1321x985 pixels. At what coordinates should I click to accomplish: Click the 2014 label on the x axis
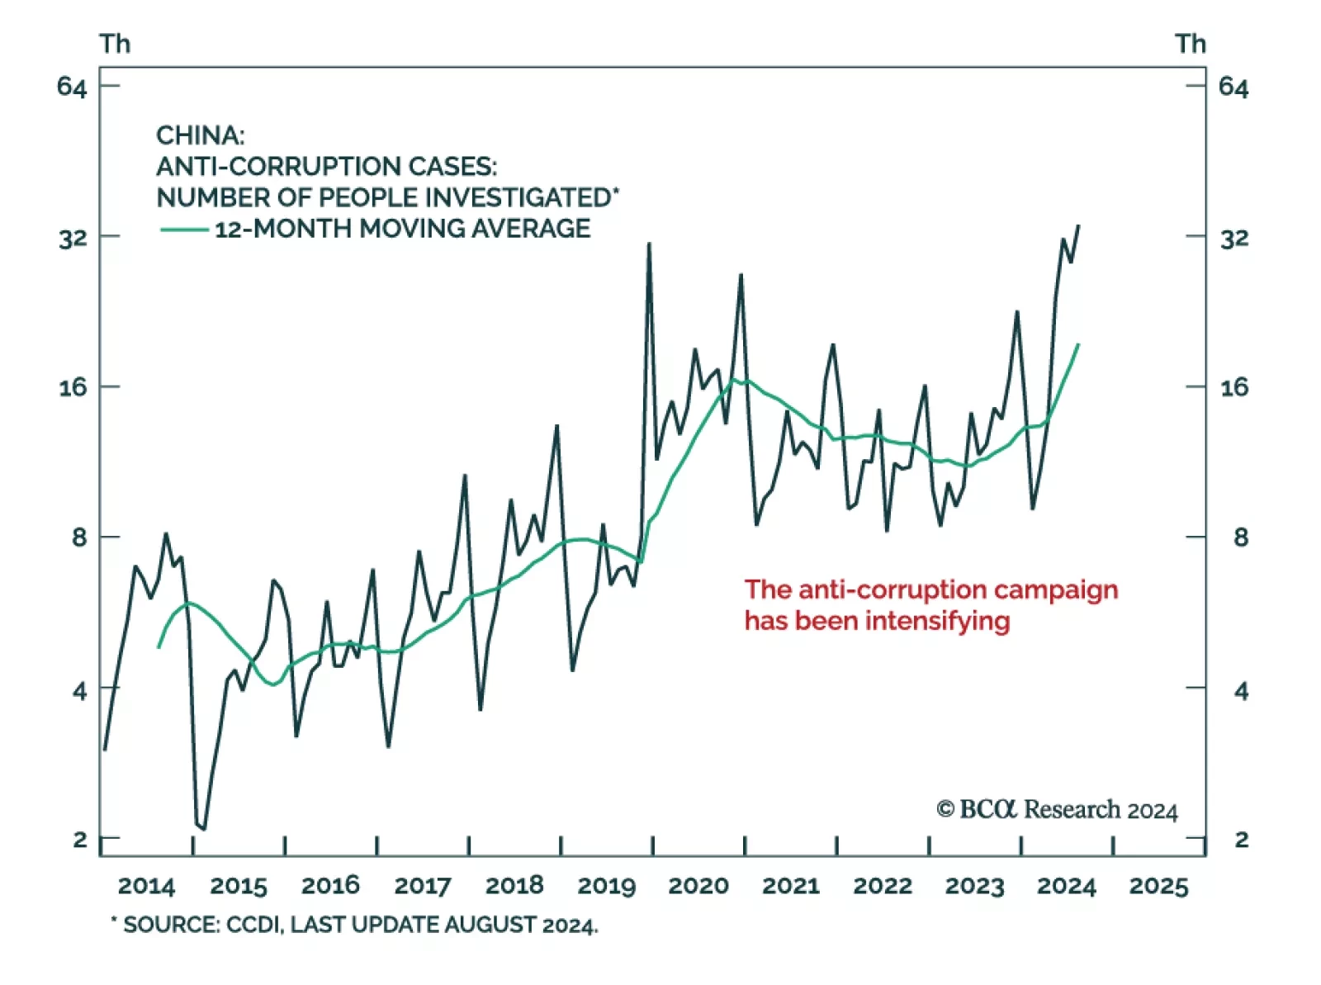146,886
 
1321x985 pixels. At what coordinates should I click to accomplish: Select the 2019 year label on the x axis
606,886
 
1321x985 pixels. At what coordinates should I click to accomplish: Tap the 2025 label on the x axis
1158,886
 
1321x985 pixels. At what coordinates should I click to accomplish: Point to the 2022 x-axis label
883,886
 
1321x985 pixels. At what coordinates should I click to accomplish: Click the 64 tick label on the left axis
72,87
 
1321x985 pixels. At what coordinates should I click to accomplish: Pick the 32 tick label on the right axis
1234,239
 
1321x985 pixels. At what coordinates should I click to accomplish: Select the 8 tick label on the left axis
79,537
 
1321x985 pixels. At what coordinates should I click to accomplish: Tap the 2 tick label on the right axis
1241,840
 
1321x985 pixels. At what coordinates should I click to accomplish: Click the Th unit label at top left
115,44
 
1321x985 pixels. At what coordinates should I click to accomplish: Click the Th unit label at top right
1191,44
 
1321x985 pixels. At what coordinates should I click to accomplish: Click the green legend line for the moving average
184,230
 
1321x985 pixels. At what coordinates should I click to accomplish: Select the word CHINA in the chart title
200,135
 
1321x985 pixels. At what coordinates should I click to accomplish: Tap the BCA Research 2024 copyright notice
1057,810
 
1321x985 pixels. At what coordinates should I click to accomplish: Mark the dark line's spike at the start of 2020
649,244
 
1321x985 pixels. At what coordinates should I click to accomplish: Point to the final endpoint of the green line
1078,344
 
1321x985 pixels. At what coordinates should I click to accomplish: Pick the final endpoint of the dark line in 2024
1078,225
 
